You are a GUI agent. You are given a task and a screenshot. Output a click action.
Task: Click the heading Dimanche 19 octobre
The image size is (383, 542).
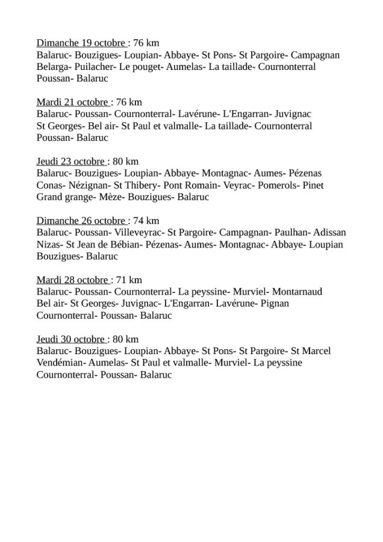coord(81,43)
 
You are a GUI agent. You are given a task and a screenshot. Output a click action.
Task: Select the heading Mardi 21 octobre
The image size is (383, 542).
coord(73,102)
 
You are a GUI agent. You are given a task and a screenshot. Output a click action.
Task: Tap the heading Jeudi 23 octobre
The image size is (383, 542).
coord(72,161)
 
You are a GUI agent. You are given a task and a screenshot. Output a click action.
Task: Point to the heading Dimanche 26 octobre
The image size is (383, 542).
coord(81,220)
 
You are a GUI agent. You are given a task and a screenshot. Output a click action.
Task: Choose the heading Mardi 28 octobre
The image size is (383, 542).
coord(73,279)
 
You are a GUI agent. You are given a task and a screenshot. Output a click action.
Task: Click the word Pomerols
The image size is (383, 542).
coord(278,185)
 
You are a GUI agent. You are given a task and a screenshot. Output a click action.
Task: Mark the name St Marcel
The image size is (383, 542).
coord(311,350)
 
